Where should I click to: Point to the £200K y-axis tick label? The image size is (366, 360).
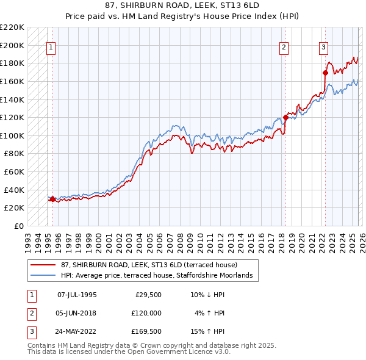point(12,45)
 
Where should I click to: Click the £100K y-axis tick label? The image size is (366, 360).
point(12,135)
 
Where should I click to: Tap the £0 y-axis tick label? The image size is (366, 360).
point(20,226)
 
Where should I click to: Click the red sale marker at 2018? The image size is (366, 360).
point(285,117)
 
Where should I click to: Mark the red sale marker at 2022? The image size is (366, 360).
point(325,73)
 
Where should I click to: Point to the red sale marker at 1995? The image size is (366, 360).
point(53,199)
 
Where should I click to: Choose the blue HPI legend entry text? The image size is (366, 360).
point(159,275)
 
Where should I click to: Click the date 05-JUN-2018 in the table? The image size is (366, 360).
point(76,313)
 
